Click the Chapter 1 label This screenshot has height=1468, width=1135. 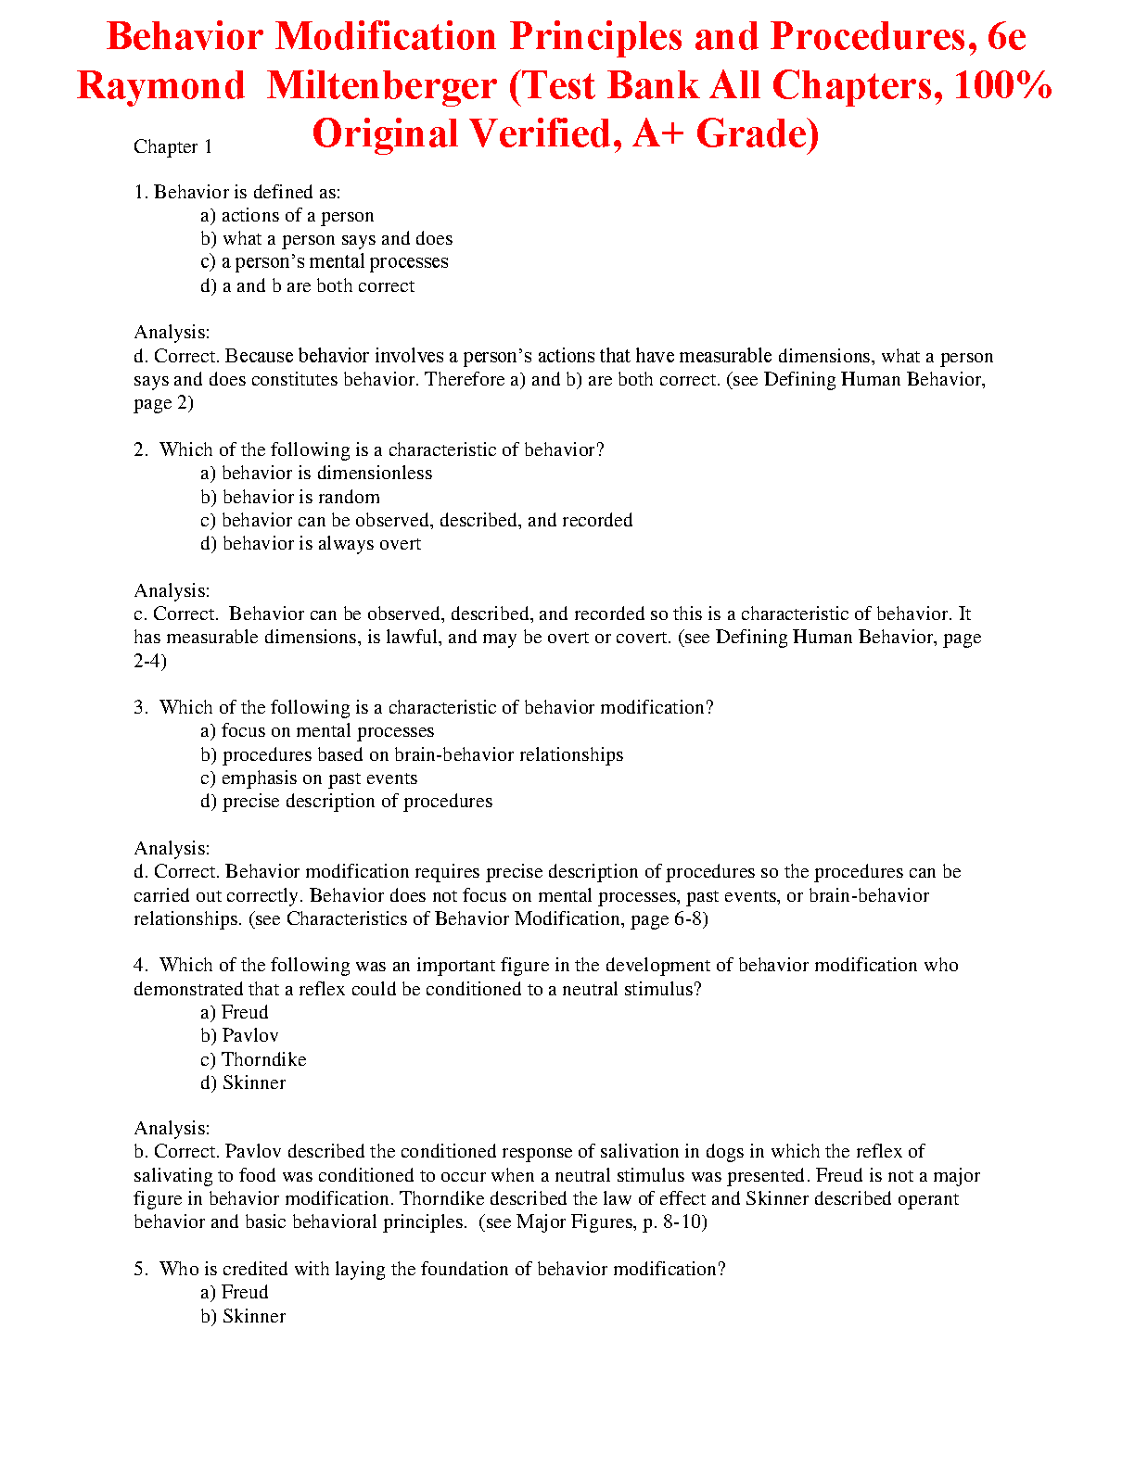[x=172, y=146]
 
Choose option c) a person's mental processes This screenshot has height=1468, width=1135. [x=325, y=262]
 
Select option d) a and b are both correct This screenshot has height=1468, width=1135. [x=308, y=286]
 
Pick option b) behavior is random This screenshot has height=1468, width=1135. [x=290, y=498]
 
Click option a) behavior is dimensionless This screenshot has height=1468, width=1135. [x=316, y=474]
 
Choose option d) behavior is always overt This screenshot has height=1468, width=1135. [x=311, y=544]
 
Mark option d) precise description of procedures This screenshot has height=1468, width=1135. [x=347, y=802]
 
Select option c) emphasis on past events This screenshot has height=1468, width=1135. [x=309, y=778]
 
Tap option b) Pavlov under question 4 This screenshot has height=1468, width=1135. [x=239, y=1036]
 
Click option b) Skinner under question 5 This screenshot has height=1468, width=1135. [x=243, y=1317]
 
